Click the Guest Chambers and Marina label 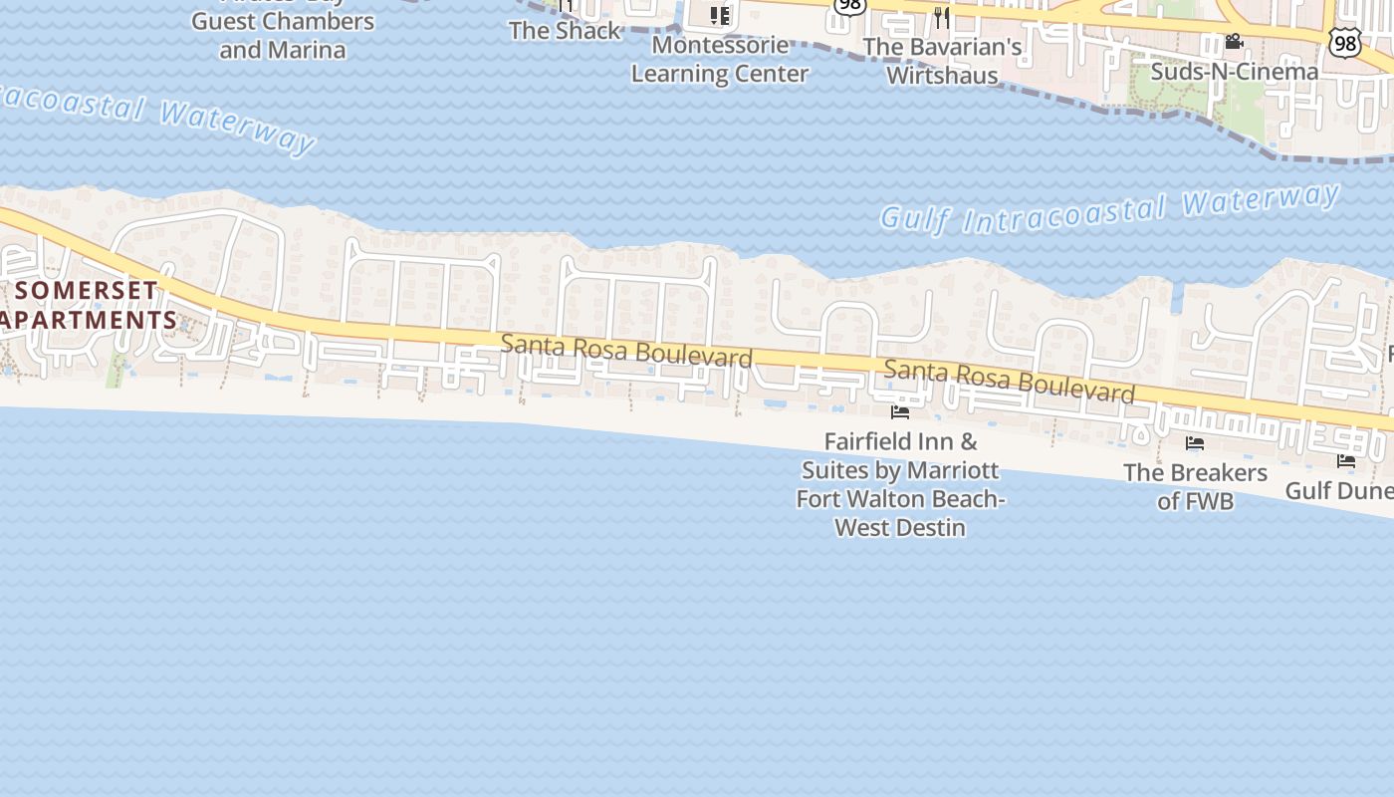(x=283, y=35)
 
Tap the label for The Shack (x=565, y=30)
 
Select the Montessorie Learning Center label (x=720, y=60)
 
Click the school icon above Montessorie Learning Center (x=720, y=15)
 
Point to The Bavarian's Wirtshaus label (x=942, y=61)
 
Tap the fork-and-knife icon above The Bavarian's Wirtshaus (x=942, y=17)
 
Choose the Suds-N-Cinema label (x=1234, y=72)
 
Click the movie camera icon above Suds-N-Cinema (x=1234, y=41)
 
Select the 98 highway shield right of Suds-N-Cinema (x=1344, y=42)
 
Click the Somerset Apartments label (x=88, y=305)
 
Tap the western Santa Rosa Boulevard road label (x=626, y=351)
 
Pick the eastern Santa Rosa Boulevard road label (x=1010, y=383)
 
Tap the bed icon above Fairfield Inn (x=900, y=411)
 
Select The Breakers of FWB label (x=1195, y=486)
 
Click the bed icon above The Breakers (x=1195, y=443)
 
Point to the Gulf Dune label (x=1338, y=490)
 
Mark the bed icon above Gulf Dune (x=1346, y=460)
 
